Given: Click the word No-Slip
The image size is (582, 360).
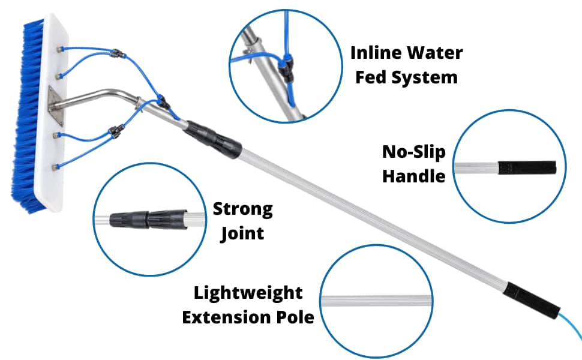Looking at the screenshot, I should [x=414, y=152].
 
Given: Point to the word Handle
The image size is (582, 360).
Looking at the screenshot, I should [x=414, y=176].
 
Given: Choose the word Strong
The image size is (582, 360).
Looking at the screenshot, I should [x=242, y=209].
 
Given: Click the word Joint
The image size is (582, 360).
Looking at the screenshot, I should [x=242, y=234].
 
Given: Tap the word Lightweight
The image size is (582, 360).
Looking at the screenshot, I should [x=248, y=293].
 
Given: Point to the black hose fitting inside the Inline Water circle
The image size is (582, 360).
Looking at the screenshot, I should [x=287, y=62].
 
